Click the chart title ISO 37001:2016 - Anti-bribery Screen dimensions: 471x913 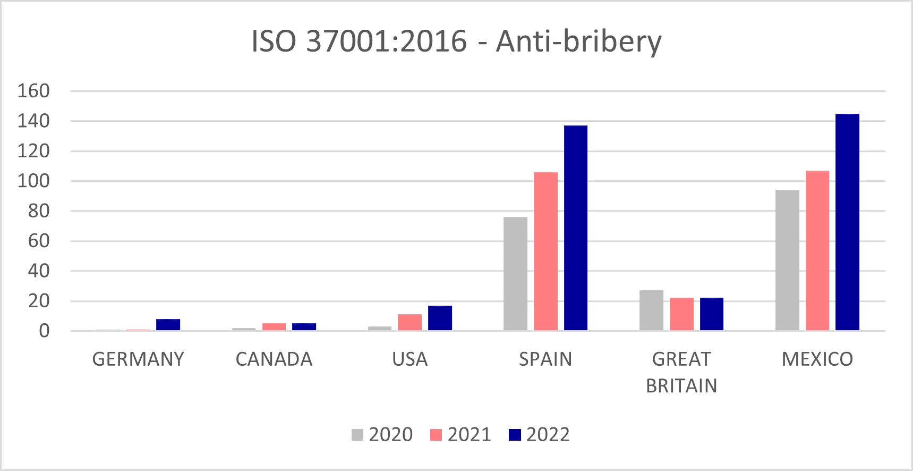click(x=456, y=41)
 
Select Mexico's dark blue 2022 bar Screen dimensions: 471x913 click(x=847, y=222)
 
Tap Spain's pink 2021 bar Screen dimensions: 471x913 click(x=545, y=251)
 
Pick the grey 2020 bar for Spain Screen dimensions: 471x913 click(x=515, y=274)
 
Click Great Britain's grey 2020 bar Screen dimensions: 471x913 click(x=651, y=310)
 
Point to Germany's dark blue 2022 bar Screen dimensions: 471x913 click(x=168, y=325)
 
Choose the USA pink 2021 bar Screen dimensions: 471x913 click(x=409, y=322)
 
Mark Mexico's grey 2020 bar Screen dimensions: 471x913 click(x=787, y=260)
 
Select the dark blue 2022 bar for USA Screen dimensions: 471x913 click(x=440, y=318)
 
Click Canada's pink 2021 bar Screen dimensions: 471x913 click(x=274, y=327)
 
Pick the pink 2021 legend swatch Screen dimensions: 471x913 click(x=436, y=435)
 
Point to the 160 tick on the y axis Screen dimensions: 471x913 click(x=33, y=91)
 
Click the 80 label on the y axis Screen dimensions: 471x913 click(x=38, y=211)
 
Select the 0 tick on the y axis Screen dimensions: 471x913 click(x=44, y=331)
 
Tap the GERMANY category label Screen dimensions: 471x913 click(x=138, y=359)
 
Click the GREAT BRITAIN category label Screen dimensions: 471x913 click(x=681, y=372)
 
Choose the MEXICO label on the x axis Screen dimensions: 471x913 click(x=817, y=359)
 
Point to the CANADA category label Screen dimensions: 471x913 click(x=274, y=359)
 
